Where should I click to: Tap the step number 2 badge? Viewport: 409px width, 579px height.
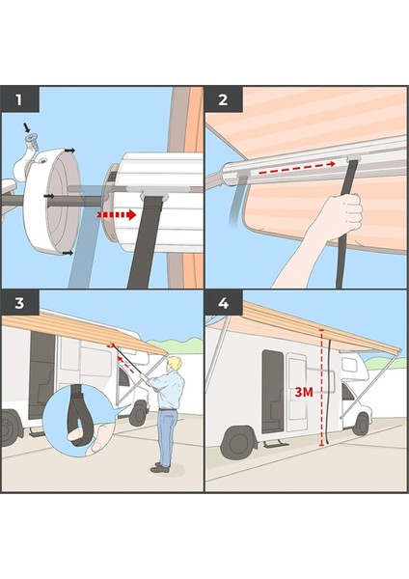click(224, 99)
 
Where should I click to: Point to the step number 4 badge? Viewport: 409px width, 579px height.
click(224, 303)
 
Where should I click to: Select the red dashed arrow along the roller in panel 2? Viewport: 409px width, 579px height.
click(295, 171)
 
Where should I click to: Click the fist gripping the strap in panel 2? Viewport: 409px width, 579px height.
click(340, 213)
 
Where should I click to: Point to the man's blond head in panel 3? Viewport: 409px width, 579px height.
click(176, 364)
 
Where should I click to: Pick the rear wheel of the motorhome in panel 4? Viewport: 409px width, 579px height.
click(237, 442)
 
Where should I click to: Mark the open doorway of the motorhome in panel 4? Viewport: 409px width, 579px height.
click(272, 392)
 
